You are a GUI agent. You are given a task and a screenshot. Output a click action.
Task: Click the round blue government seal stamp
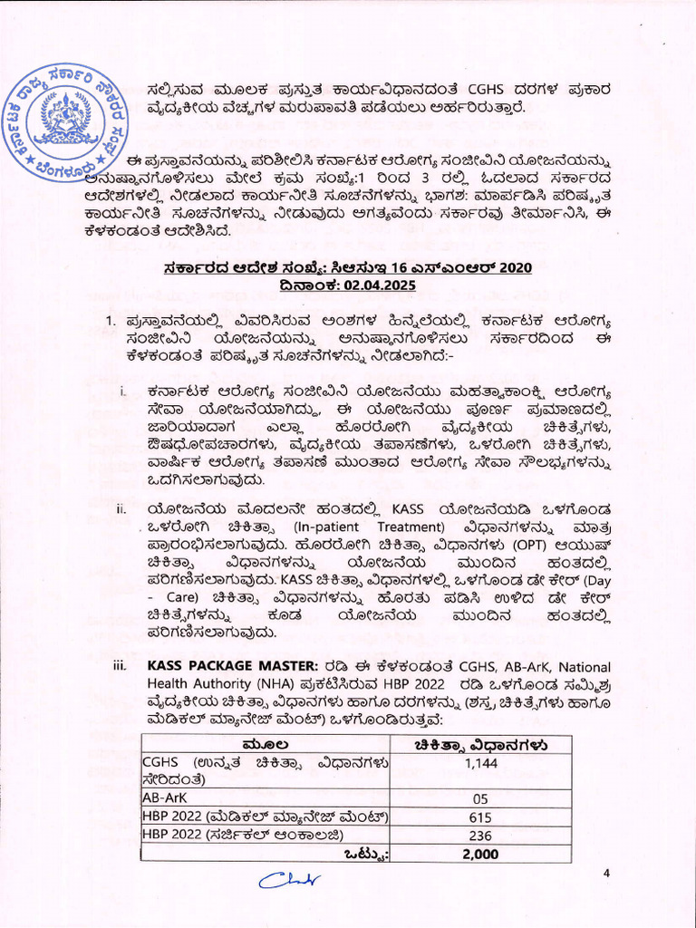(x=63, y=120)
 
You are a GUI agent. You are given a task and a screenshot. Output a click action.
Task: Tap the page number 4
(x=608, y=873)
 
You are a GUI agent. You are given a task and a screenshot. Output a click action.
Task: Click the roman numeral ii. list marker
(x=121, y=508)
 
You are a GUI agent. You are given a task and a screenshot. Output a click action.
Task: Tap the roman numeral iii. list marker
(x=120, y=667)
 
